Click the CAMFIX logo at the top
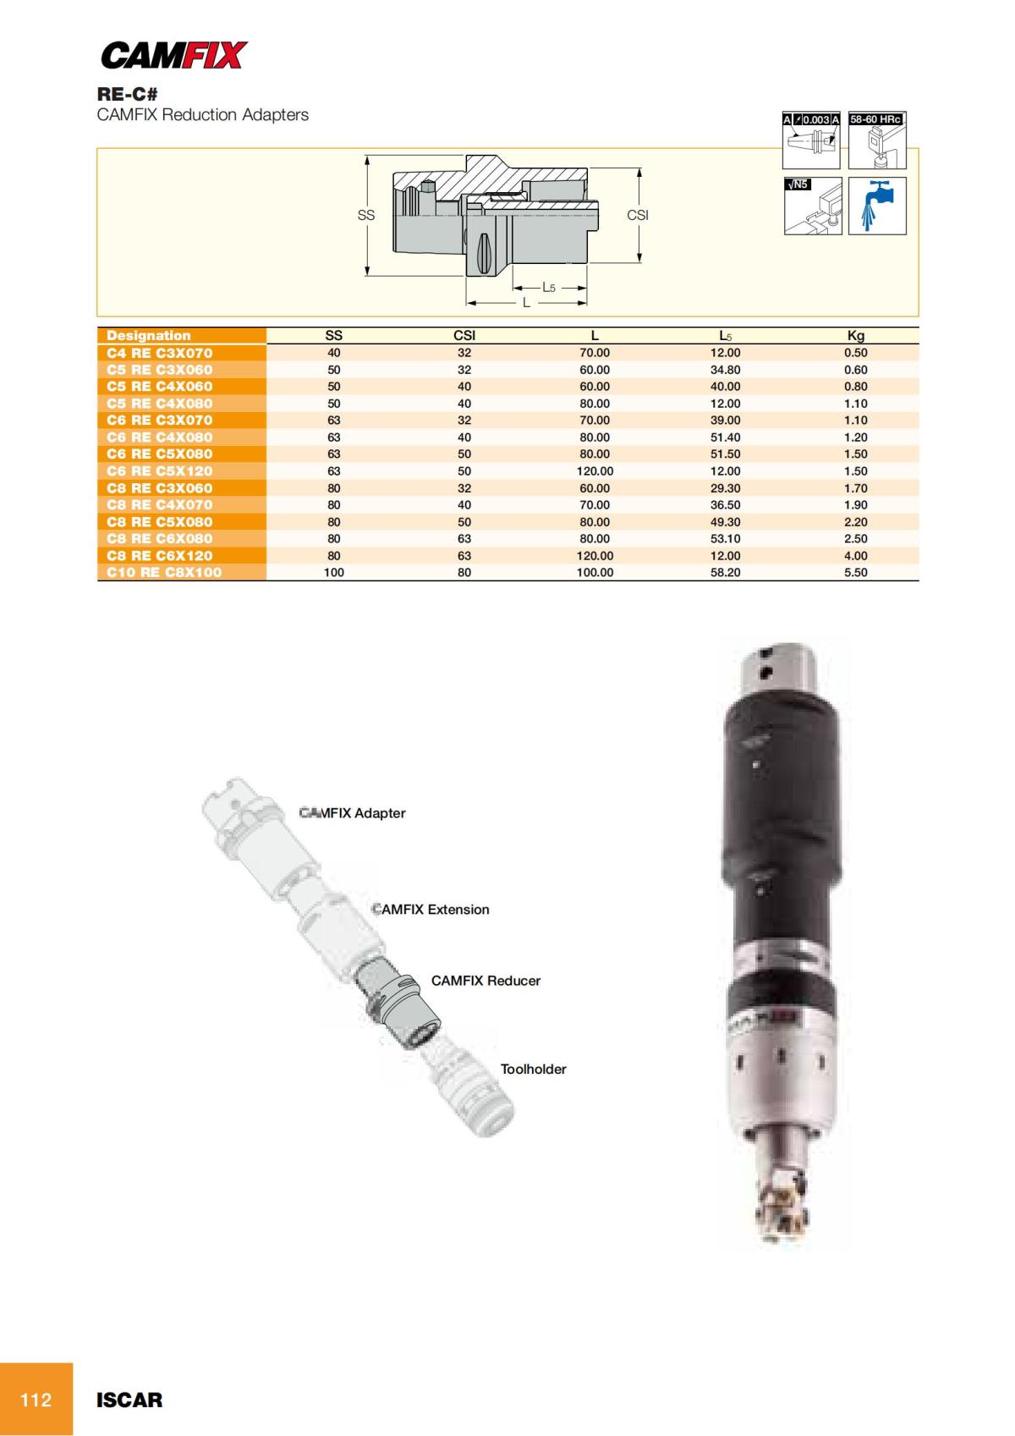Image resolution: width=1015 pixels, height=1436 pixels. pos(173,56)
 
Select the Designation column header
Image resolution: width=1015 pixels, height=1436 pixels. pos(149,336)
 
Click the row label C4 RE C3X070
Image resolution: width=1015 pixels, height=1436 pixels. pos(159,353)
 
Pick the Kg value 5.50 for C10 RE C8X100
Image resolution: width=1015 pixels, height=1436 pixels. pos(855,573)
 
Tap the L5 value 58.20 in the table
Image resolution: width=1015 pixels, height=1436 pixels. pos(725,573)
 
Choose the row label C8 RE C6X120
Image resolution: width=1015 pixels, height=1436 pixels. pos(159,556)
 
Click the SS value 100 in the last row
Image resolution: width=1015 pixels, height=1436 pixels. pos(334,573)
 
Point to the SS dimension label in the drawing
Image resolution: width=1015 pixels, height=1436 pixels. pos(365,216)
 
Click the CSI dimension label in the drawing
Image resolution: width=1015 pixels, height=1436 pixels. pos(637,216)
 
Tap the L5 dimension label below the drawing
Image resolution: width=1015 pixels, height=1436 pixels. pos(549,288)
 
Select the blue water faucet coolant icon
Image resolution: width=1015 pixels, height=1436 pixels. pos(877,206)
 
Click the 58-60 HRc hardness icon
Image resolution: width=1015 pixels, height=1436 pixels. pos(877,140)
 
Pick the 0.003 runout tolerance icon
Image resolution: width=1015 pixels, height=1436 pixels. pos(812,140)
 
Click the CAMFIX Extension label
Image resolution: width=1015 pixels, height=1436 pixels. pos(431,910)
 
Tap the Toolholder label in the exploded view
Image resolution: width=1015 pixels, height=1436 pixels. pos(533,1070)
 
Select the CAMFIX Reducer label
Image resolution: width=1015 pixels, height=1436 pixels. pos(486,981)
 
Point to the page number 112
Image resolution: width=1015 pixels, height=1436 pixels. pos(36,1400)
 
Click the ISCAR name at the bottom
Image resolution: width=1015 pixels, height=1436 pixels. pos(129,1400)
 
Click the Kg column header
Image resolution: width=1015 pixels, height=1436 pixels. pos(855,336)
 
